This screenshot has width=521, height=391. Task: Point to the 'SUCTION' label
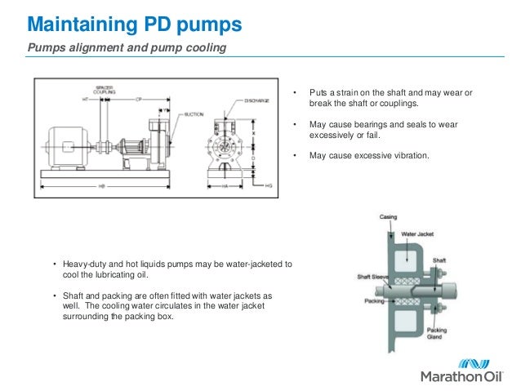point(195,115)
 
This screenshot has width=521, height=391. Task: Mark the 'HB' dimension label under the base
point(101,186)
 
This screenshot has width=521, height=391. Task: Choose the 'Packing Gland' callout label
point(437,334)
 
